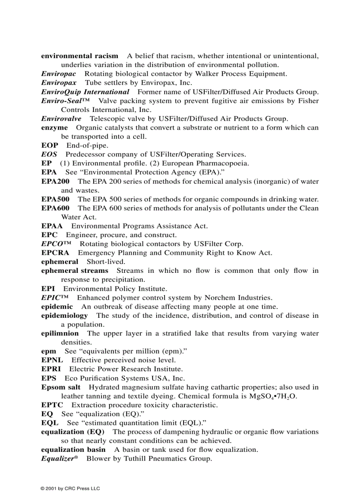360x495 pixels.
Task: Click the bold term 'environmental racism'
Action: point(79,56)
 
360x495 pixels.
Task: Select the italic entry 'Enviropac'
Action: point(58,74)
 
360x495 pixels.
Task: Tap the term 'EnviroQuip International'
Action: point(85,92)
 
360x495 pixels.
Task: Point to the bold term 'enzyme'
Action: point(54,127)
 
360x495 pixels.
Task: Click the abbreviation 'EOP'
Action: point(49,145)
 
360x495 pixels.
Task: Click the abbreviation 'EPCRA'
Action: point(55,253)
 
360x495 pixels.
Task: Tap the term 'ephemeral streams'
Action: point(75,271)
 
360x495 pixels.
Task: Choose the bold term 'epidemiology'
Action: point(64,316)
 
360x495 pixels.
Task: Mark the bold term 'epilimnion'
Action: point(60,334)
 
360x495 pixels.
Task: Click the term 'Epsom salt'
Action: point(61,387)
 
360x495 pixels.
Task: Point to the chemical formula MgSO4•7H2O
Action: point(273,396)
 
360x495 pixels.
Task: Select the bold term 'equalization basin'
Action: point(73,450)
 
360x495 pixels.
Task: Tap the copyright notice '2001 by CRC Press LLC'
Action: point(70,488)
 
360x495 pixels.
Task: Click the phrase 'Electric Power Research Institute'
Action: point(126,369)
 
